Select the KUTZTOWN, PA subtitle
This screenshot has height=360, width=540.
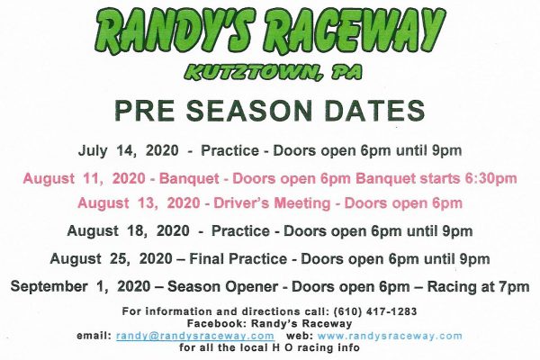[273, 72]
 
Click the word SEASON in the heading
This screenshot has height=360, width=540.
[247, 111]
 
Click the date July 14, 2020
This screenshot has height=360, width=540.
[129, 151]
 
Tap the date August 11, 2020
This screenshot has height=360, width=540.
[84, 179]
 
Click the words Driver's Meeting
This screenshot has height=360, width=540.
[272, 203]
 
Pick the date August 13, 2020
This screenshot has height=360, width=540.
[139, 203]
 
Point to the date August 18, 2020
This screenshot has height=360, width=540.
[128, 230]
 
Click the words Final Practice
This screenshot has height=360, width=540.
[238, 258]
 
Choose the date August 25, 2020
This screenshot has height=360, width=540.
[111, 258]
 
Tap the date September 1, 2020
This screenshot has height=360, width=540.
[80, 286]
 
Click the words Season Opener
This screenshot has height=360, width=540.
[223, 286]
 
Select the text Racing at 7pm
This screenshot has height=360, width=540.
[479, 286]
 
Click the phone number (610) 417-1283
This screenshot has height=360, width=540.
[375, 311]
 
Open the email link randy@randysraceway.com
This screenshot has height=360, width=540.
[195, 336]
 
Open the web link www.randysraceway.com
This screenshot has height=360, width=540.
[390, 336]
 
